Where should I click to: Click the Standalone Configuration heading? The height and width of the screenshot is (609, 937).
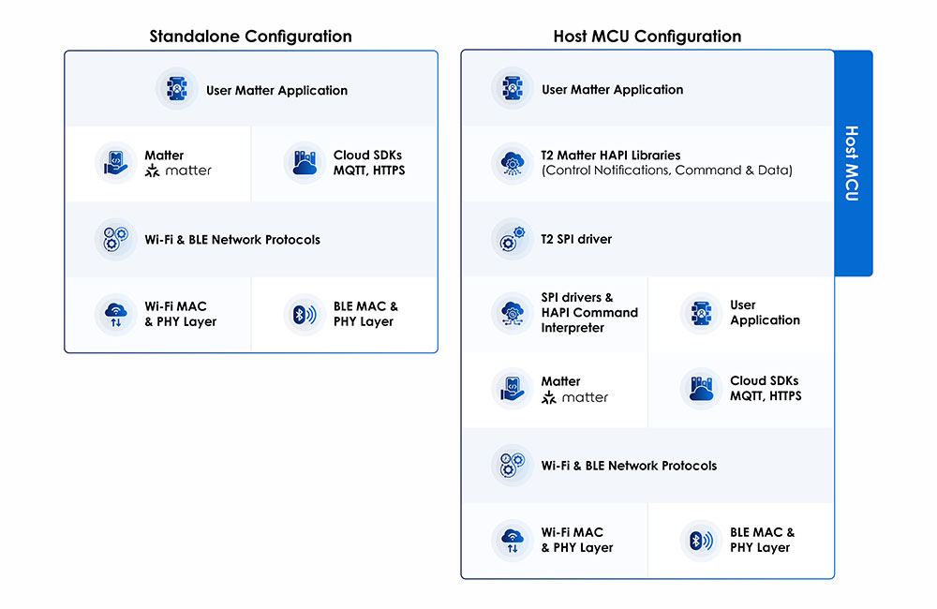pyautogui.click(x=250, y=37)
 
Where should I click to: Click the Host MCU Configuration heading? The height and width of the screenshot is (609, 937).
pyautogui.click(x=647, y=37)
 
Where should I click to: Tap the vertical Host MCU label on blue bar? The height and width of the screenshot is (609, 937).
pyautogui.click(x=852, y=163)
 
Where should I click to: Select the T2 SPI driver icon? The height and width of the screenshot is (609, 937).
pyautogui.click(x=512, y=239)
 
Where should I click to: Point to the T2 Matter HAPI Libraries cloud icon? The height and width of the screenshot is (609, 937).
pyautogui.click(x=512, y=163)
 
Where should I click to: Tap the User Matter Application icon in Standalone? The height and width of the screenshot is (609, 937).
pyautogui.click(x=176, y=90)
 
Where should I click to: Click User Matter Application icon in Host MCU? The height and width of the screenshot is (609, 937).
pyautogui.click(x=512, y=89)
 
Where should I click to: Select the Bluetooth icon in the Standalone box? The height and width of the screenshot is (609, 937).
pyautogui.click(x=303, y=315)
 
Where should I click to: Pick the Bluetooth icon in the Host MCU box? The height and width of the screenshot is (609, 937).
pyautogui.click(x=699, y=541)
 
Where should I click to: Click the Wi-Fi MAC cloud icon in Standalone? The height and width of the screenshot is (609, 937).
pyautogui.click(x=115, y=315)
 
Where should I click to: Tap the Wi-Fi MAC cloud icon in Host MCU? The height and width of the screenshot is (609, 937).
pyautogui.click(x=512, y=541)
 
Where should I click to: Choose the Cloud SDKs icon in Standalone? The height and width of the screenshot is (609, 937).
pyautogui.click(x=303, y=163)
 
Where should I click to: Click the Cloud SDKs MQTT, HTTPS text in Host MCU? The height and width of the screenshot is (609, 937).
pyautogui.click(x=766, y=389)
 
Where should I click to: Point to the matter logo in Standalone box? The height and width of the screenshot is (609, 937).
pyautogui.click(x=178, y=171)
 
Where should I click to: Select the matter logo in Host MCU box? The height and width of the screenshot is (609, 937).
pyautogui.click(x=574, y=397)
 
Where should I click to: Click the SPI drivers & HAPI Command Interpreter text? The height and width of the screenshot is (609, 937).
pyautogui.click(x=588, y=313)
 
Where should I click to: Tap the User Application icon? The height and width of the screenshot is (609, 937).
pyautogui.click(x=699, y=313)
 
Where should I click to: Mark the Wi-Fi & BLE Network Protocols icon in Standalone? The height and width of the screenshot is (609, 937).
pyautogui.click(x=115, y=239)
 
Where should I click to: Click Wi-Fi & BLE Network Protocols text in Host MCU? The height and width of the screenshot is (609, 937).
pyautogui.click(x=629, y=466)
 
